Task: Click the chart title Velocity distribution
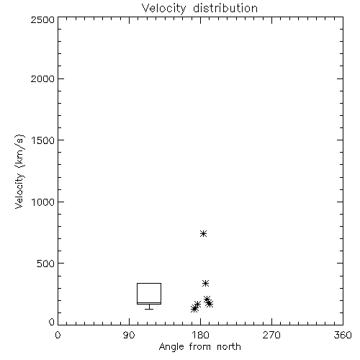199,9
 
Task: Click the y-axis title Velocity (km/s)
19,171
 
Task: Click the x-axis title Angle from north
199,347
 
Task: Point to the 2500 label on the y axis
42,19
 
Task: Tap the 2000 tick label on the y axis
42,79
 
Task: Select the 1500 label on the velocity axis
43,140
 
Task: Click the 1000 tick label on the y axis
43,202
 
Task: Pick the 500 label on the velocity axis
46,264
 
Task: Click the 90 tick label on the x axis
129,335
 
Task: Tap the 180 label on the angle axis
200,335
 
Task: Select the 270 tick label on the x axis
271,335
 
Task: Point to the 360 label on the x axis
343,335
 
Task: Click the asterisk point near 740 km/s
204,233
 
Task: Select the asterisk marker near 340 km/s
205,283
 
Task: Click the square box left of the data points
149,283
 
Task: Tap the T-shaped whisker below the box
149,307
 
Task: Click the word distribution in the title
225,9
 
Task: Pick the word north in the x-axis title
229,347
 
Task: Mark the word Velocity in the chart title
163,9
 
